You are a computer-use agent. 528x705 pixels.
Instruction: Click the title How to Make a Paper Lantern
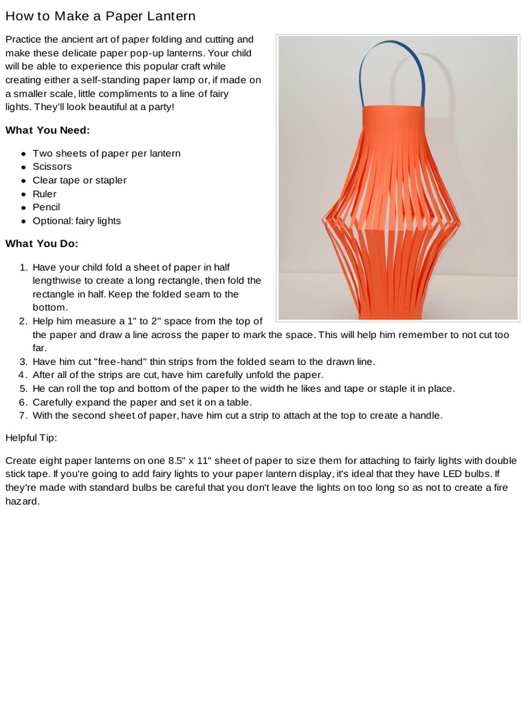(100, 16)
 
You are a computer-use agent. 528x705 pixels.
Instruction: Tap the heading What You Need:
(47, 129)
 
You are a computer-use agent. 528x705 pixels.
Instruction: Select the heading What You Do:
(42, 243)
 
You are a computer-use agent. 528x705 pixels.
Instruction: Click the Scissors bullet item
(52, 167)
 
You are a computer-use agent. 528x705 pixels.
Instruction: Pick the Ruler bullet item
(45, 193)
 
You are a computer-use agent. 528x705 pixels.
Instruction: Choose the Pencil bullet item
(47, 207)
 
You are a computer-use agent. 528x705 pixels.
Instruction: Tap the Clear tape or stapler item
(80, 180)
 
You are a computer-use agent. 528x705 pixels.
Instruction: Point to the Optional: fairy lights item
(76, 221)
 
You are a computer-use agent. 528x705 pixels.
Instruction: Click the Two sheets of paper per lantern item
(107, 153)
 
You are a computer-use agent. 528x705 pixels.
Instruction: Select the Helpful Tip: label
(32, 437)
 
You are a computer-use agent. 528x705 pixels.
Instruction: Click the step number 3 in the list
(22, 361)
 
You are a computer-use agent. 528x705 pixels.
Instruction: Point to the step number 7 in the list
(22, 416)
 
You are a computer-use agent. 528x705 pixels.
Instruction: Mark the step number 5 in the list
(22, 388)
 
